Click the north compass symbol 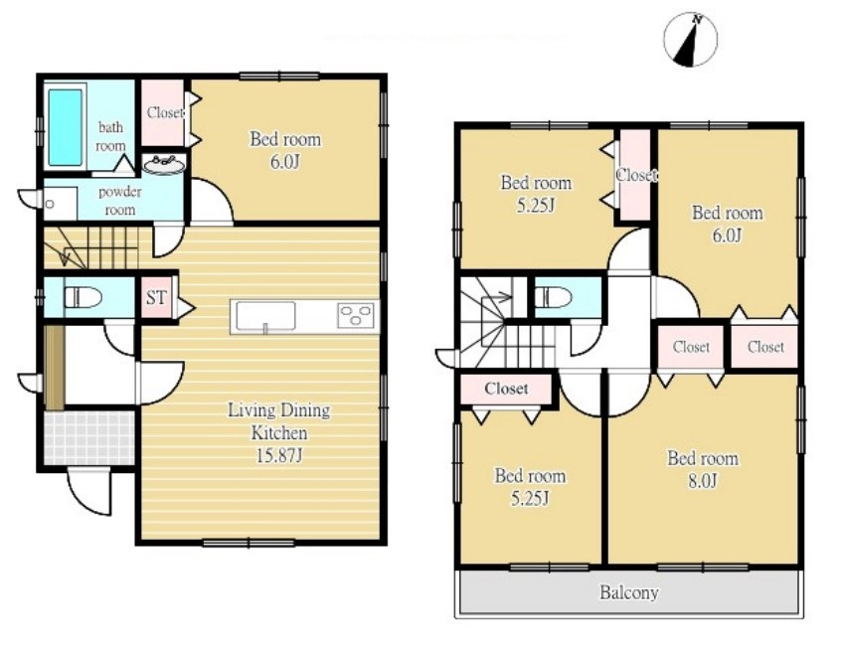coord(690,40)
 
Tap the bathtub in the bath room coord(65,127)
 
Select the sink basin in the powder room coord(165,164)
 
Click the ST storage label coord(157,297)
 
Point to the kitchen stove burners coord(356,315)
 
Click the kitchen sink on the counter coord(265,316)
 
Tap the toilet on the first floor coord(83,296)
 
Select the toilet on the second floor coord(554,296)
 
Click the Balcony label coord(628,592)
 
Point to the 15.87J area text coord(279,456)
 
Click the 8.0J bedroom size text coord(703,481)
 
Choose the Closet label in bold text coord(506,388)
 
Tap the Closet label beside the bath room coord(165,112)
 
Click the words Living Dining coord(279,410)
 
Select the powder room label coord(119,201)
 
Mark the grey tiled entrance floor coord(89,437)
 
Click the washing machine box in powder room coord(61,203)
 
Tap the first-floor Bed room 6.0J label coord(285,150)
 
